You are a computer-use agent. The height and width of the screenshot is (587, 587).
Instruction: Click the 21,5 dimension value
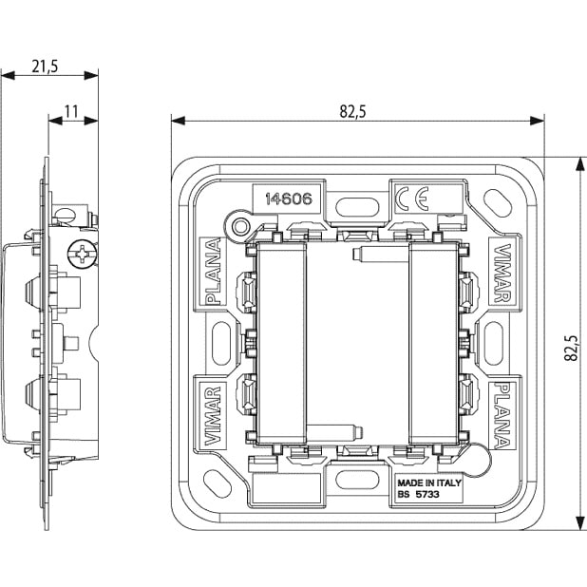click(45, 66)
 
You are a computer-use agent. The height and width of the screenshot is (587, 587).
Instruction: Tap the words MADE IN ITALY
click(429, 483)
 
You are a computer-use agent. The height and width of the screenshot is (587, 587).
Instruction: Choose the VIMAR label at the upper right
click(503, 273)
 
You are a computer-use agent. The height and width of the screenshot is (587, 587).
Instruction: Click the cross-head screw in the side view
click(84, 255)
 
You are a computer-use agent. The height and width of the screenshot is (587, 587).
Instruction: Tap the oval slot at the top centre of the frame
click(357, 203)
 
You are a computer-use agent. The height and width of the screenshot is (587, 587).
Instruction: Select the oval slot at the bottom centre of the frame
click(357, 480)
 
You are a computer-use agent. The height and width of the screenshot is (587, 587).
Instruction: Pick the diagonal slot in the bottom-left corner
click(218, 480)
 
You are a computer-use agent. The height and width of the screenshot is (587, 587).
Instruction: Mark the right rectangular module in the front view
click(433, 341)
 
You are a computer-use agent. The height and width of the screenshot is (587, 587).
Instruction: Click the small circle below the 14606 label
click(241, 226)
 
